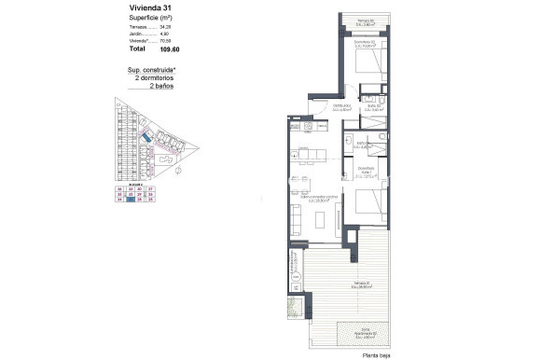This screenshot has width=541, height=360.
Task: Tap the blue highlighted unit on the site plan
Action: (146, 139)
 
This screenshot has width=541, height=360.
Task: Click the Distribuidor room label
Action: (341, 107)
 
